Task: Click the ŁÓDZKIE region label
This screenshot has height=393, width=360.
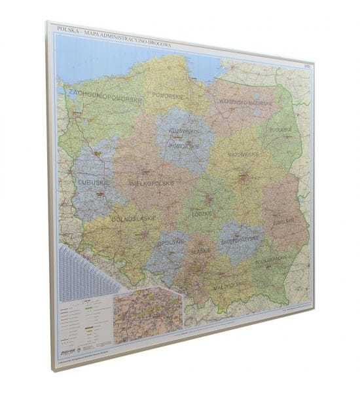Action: pyautogui.click(x=203, y=214)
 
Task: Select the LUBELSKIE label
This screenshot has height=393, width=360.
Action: pyautogui.click(x=291, y=222)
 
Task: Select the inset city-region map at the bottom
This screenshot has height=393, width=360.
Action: pyautogui.click(x=148, y=318)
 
